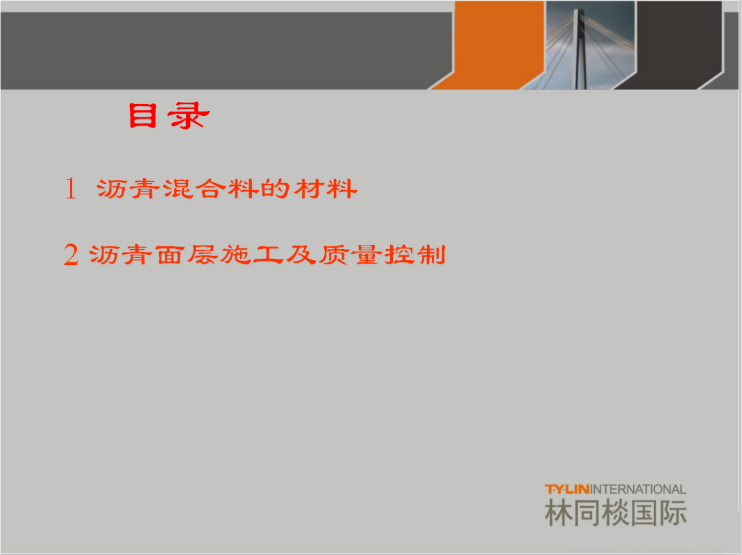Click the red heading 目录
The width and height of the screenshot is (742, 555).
click(169, 116)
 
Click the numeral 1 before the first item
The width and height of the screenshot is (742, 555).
click(71, 188)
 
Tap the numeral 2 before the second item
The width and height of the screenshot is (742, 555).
click(71, 255)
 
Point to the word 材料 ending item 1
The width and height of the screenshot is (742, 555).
click(326, 189)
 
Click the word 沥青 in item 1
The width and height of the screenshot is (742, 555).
click(128, 189)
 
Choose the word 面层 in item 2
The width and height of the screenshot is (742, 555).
click(187, 255)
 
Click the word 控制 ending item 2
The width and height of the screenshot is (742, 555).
click(415, 255)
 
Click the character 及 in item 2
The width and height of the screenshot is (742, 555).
click(301, 255)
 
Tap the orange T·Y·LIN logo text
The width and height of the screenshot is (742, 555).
click(567, 489)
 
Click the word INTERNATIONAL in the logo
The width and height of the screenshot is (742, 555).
click(638, 489)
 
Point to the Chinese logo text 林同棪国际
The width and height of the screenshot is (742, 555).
click(616, 513)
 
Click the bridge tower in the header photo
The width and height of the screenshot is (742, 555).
click(580, 49)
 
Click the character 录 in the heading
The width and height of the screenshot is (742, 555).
click(188, 116)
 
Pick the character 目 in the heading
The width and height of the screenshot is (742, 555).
click(142, 116)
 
